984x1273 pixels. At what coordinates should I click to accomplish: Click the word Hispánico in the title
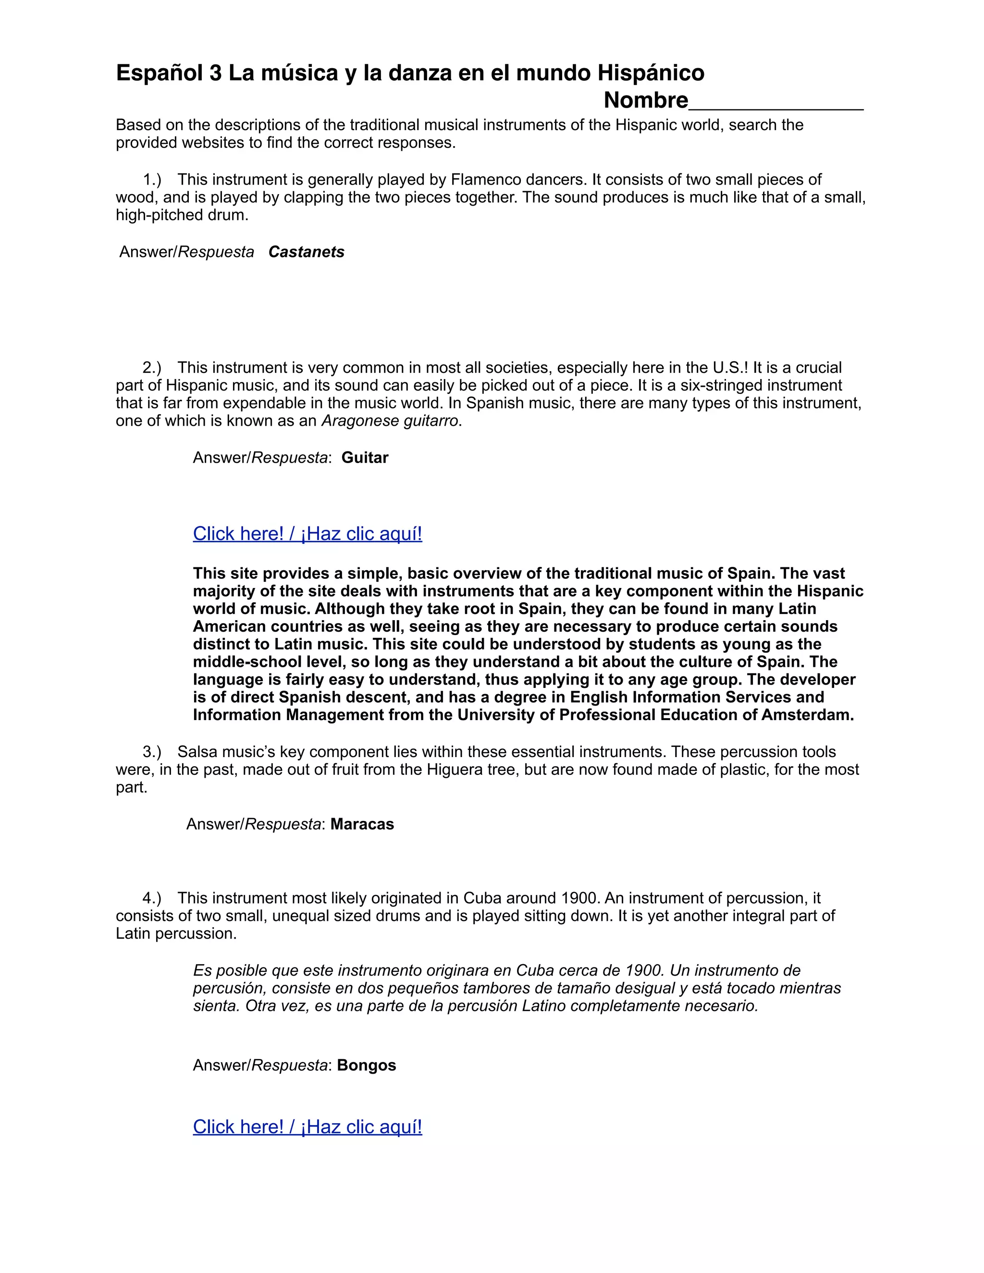point(651,73)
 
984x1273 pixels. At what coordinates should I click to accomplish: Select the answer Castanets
point(306,252)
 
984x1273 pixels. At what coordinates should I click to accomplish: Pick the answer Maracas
point(362,824)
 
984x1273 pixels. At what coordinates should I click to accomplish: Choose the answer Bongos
point(366,1065)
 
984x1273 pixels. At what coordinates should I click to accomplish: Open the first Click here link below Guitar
point(307,533)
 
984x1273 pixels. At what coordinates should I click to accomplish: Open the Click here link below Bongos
point(307,1126)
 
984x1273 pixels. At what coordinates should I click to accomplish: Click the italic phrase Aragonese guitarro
point(391,421)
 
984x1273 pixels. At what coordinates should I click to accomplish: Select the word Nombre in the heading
point(645,100)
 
